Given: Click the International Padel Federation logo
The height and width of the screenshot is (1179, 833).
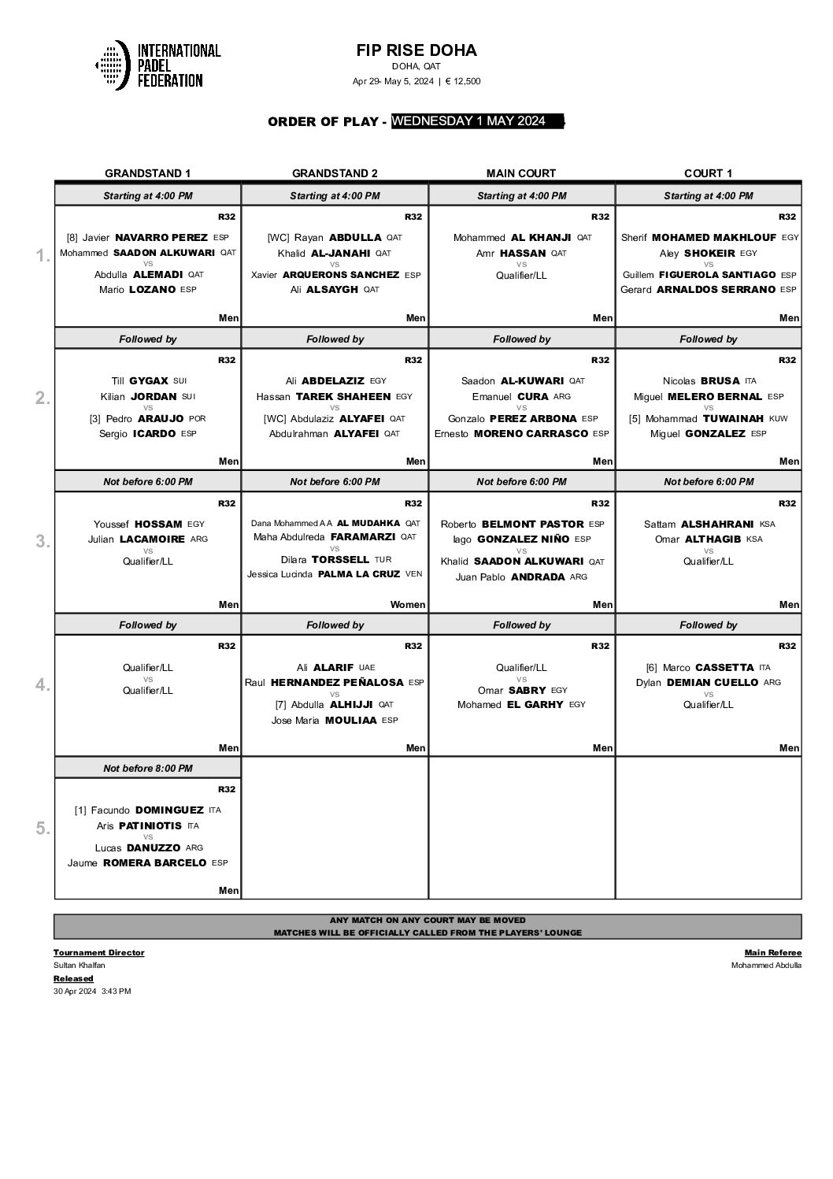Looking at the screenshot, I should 157,65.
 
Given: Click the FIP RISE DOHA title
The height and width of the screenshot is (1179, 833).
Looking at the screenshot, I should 416,50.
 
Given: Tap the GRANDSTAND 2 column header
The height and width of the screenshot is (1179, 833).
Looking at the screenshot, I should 335,173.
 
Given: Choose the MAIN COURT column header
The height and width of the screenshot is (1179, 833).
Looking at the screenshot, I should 521,173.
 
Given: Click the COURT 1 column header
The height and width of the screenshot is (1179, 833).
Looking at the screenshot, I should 708,173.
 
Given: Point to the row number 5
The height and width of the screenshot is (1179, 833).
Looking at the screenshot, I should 43,829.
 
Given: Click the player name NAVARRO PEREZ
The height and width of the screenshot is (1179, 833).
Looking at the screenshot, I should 161,237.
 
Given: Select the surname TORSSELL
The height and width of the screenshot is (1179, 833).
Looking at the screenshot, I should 340,559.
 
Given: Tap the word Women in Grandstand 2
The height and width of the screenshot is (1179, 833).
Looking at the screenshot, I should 408,605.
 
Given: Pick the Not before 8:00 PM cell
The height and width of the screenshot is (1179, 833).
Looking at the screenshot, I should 148,768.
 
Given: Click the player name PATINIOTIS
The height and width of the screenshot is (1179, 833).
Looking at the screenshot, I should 150,826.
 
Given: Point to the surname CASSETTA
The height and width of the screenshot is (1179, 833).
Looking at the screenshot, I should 725,667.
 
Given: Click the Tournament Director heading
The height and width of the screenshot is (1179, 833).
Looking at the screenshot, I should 98,952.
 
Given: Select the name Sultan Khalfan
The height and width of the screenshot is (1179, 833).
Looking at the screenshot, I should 79,965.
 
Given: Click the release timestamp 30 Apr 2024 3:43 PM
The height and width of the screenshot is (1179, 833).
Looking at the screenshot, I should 92,991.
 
